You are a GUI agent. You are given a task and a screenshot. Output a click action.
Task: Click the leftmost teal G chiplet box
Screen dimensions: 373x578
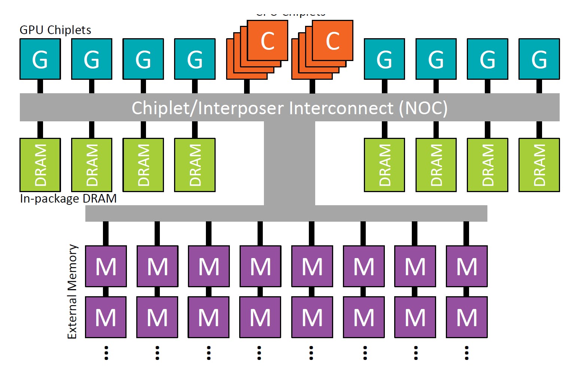40,59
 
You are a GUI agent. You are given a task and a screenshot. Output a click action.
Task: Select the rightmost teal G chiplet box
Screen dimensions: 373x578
539,59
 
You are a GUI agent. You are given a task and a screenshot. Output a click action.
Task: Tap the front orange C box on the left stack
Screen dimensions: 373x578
268,40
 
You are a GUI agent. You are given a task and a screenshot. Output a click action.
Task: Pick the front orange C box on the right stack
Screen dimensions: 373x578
332,40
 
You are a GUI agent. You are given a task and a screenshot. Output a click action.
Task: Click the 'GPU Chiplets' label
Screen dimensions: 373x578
55,30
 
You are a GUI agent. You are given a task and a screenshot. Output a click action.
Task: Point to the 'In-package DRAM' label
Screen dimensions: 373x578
68,198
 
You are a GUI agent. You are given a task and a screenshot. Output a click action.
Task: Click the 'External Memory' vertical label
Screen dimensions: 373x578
72,291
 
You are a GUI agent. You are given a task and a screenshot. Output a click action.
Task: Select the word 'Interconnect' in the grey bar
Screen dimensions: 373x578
341,108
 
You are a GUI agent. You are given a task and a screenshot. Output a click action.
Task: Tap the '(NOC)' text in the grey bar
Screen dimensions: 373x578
423,108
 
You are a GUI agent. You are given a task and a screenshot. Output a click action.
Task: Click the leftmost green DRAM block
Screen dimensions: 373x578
40,165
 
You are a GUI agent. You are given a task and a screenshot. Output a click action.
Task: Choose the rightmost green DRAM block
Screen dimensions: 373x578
539,165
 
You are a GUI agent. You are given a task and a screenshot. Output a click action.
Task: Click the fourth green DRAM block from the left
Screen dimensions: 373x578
195,165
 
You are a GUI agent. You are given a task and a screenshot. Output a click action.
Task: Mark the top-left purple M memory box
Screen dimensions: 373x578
106,266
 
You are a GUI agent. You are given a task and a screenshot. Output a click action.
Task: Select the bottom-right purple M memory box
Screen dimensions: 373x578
467,317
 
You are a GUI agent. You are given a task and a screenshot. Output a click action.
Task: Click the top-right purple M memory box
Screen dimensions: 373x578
467,266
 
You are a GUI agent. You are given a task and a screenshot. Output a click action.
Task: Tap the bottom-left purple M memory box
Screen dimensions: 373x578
106,317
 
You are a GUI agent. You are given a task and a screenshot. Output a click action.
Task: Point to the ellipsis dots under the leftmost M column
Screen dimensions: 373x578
106,353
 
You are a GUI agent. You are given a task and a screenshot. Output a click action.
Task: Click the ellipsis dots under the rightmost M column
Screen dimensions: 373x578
466,353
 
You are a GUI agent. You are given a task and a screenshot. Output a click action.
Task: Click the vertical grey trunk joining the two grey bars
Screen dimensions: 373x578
289,163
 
